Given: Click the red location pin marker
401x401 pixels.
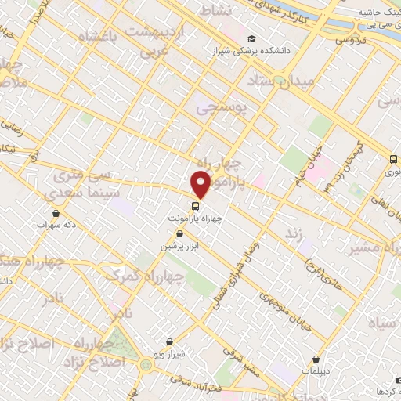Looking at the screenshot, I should [201, 184].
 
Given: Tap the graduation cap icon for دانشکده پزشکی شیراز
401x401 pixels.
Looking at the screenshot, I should [251, 38].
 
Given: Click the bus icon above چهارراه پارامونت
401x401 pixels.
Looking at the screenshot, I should [196, 208].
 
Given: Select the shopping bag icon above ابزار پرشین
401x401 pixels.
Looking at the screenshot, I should [179, 234].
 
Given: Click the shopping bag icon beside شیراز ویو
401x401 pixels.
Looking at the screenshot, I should [170, 342].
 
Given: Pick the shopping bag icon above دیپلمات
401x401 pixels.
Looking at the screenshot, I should [316, 360].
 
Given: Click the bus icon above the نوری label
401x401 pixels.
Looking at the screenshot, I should [392, 160].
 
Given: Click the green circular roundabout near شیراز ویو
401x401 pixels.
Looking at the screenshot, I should [146, 365].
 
